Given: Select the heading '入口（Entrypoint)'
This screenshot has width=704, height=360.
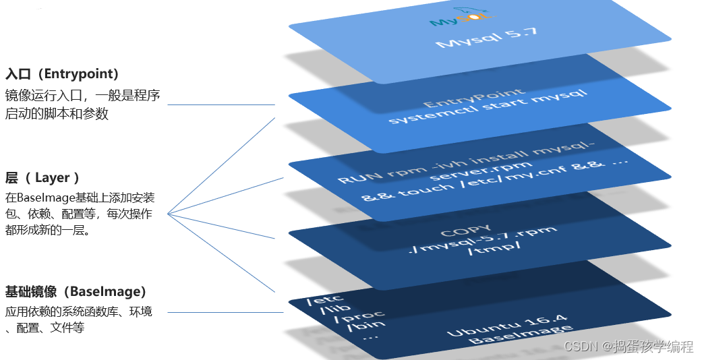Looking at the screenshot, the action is tap(62, 73).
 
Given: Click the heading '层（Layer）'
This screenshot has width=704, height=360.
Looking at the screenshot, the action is tap(42, 178).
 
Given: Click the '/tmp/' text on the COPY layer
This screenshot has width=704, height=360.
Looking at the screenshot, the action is tap(492, 253).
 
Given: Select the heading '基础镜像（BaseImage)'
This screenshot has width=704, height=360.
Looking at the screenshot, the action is tap(76, 292).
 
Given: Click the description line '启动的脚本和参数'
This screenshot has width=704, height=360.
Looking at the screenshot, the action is tap(57, 114).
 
